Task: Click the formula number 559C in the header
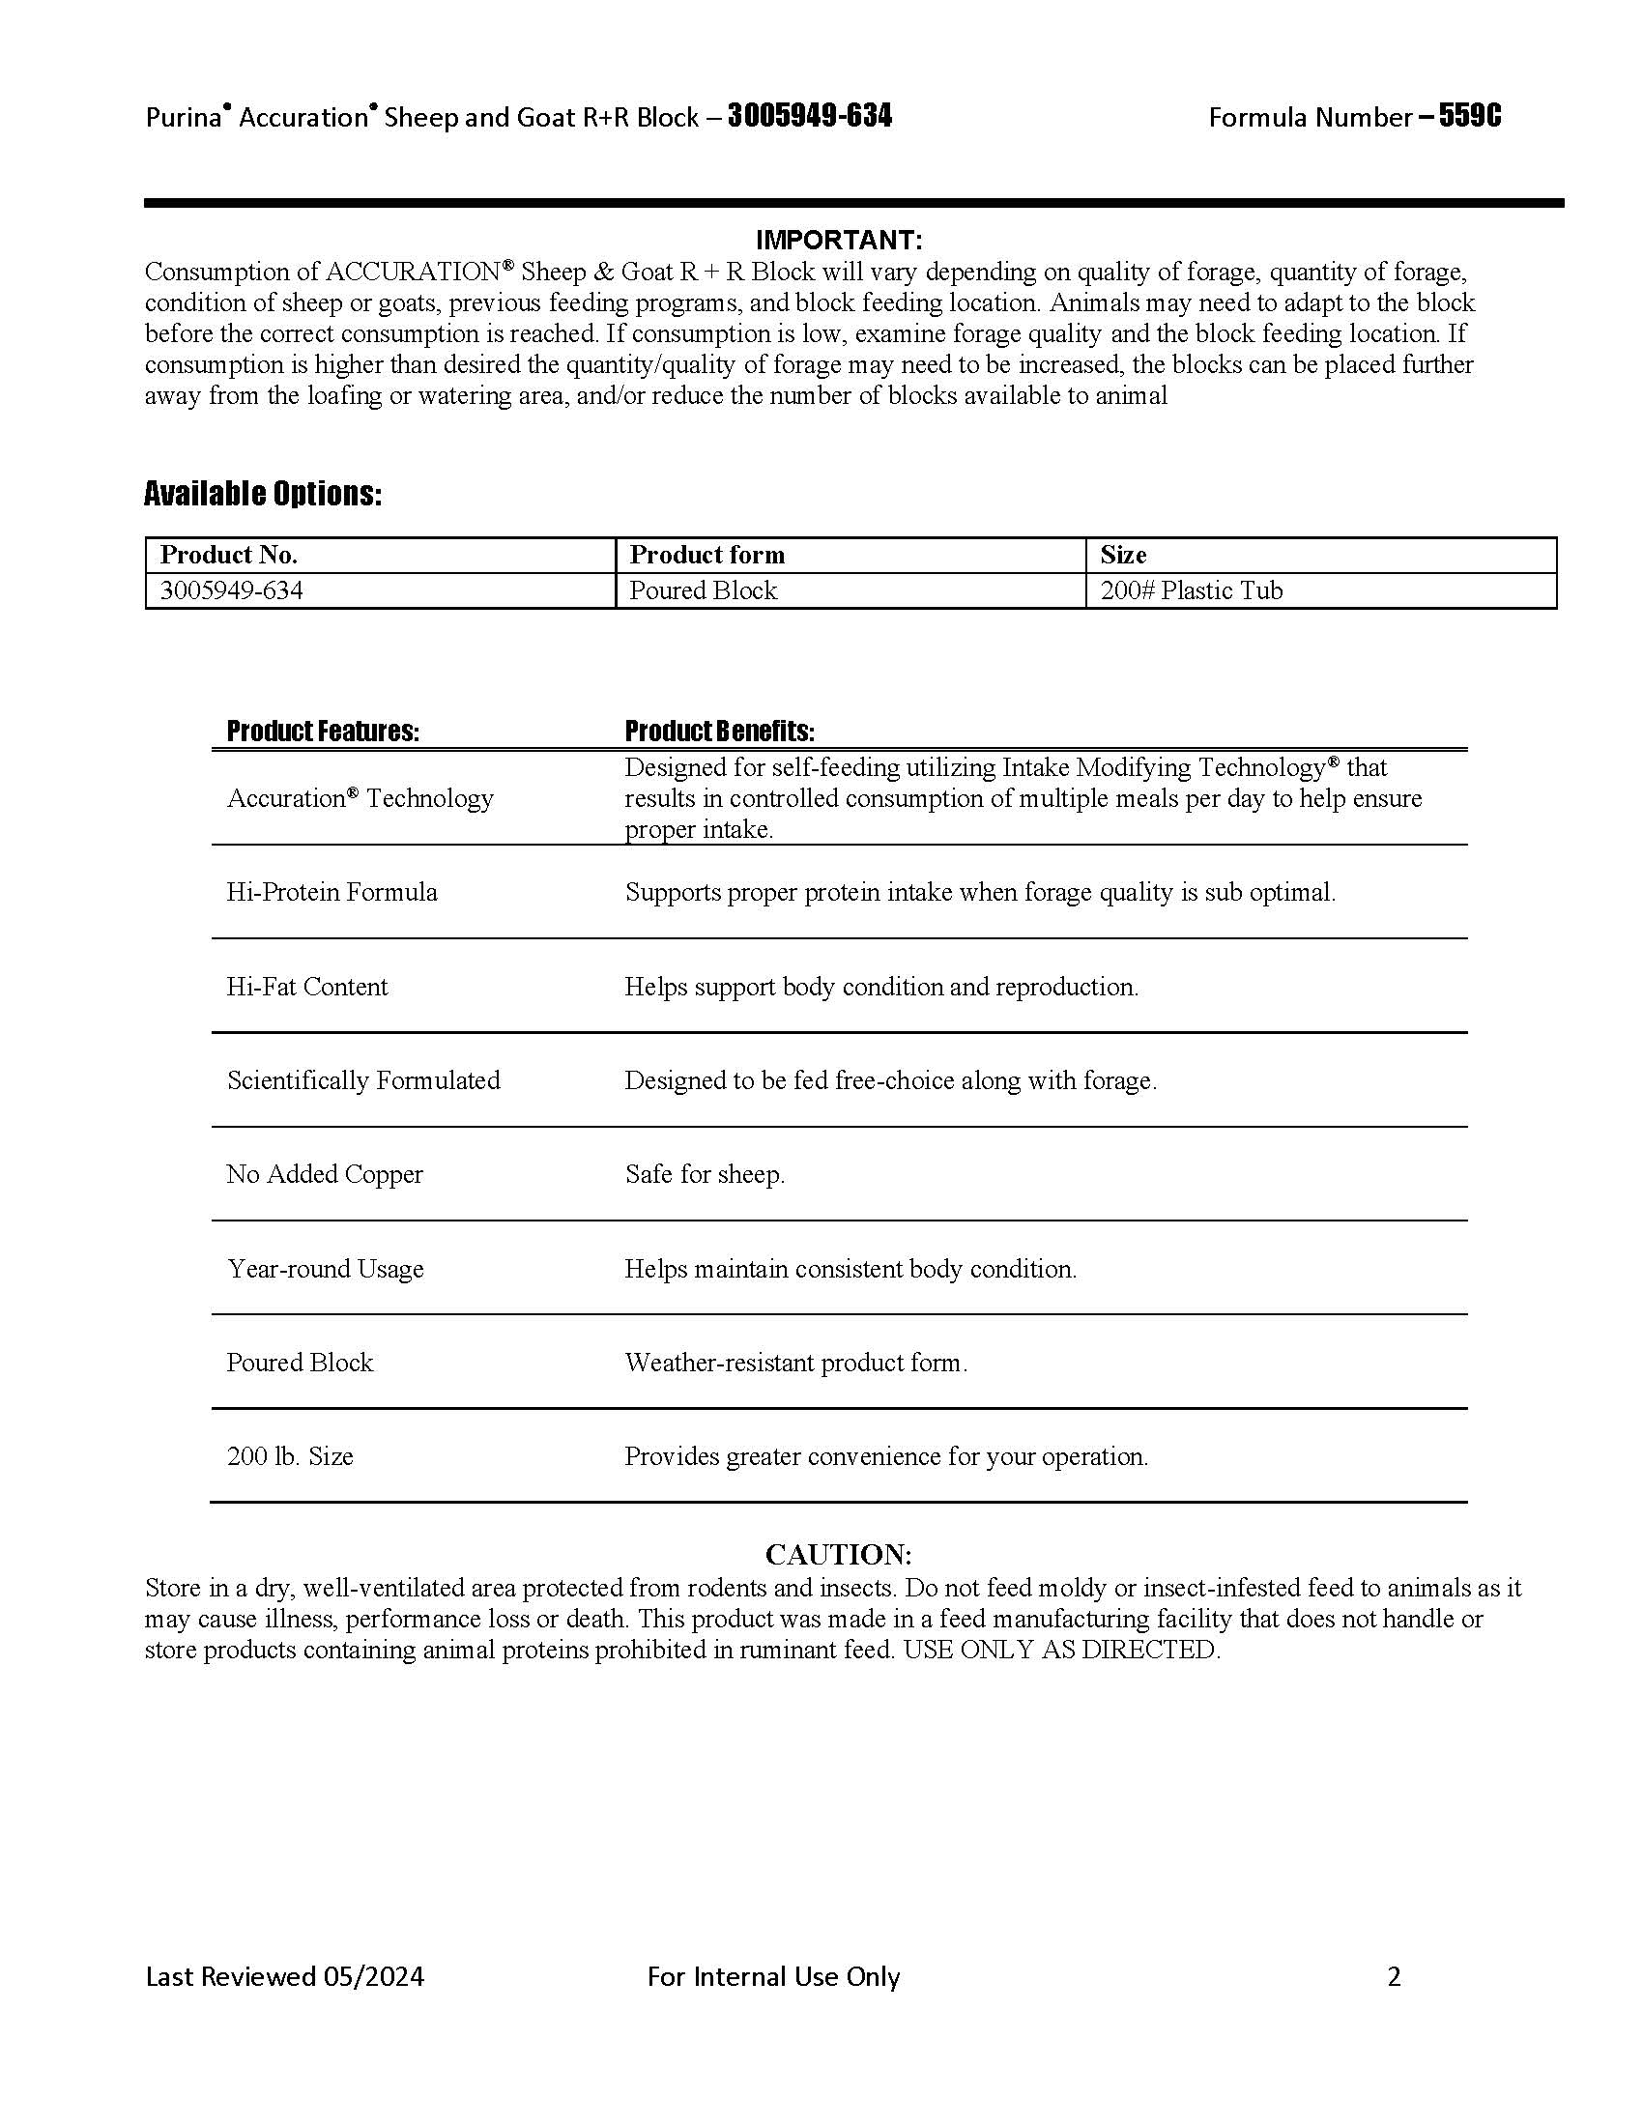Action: click(x=1470, y=117)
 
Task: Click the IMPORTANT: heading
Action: click(x=838, y=240)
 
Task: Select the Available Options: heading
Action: click(x=263, y=495)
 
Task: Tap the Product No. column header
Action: click(x=229, y=555)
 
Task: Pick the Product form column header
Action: click(x=706, y=555)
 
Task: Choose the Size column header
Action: click(x=1123, y=555)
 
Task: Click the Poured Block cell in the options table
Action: click(x=703, y=590)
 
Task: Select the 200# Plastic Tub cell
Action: click(x=1192, y=590)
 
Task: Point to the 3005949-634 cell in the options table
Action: click(x=232, y=590)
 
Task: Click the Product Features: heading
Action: click(x=323, y=732)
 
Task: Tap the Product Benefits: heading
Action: click(x=719, y=732)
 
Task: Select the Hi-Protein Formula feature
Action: click(x=331, y=892)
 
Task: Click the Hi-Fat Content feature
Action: click(x=306, y=986)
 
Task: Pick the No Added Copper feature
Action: click(x=325, y=1174)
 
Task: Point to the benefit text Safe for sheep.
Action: click(x=705, y=1174)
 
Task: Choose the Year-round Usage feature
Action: click(x=325, y=1269)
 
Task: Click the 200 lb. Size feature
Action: click(x=290, y=1456)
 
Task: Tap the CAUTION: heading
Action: click(x=838, y=1554)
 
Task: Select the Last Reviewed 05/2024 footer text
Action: click(x=284, y=1976)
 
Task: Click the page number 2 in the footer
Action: click(x=1394, y=1976)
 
